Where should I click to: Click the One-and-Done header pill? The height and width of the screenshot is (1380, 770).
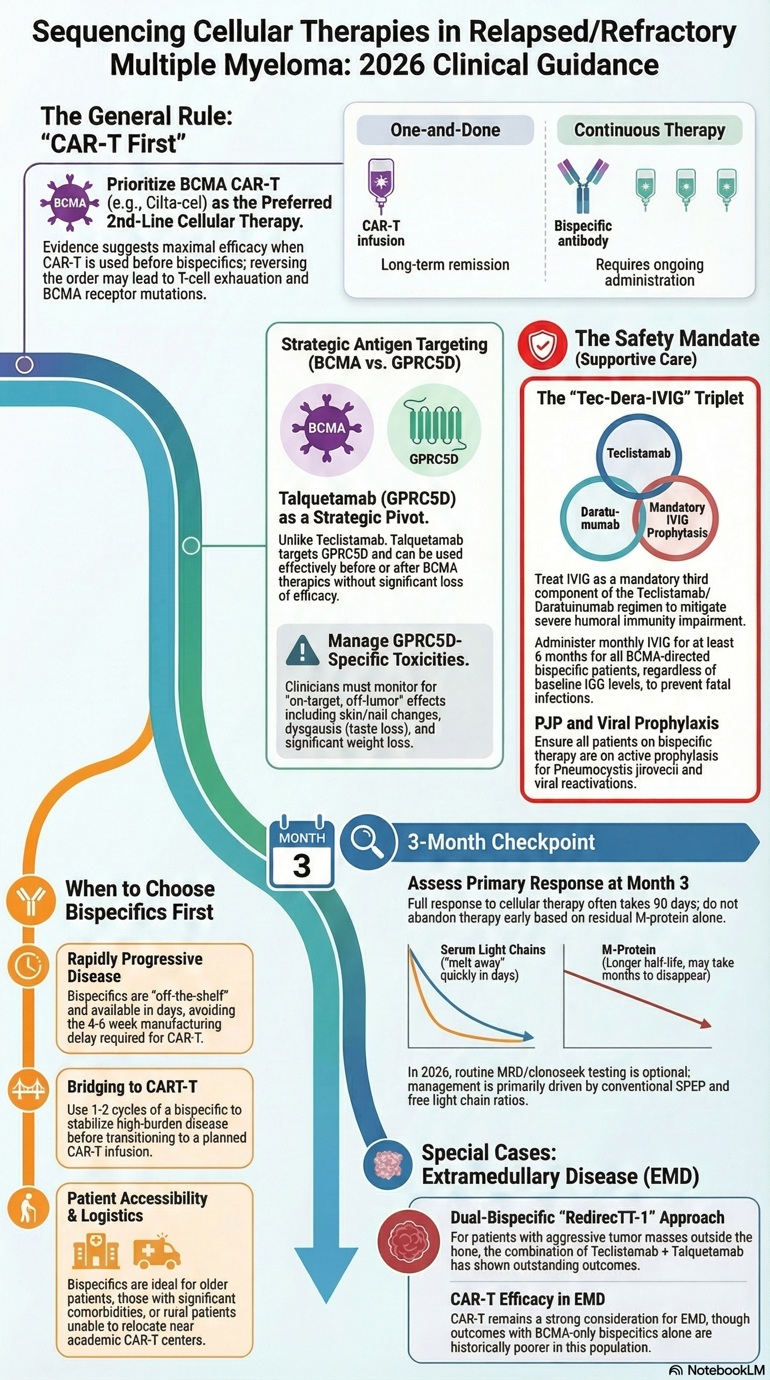click(445, 130)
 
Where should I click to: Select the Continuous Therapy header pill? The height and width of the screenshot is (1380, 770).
click(649, 130)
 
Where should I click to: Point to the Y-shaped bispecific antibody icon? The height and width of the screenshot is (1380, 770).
click(583, 186)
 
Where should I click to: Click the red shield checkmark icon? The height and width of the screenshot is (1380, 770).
click(542, 346)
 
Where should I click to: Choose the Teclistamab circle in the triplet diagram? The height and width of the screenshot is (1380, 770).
click(638, 453)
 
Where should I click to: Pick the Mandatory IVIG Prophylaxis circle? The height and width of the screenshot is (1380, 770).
click(677, 519)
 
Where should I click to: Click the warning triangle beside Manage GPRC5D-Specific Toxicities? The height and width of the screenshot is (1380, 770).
click(303, 650)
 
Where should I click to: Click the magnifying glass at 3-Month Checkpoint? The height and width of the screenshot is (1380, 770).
click(367, 841)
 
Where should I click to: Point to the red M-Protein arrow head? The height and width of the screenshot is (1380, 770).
click(706, 1024)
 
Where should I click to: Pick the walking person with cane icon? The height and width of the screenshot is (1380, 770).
click(27, 1208)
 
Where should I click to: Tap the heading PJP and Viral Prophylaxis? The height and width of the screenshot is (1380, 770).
click(627, 723)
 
